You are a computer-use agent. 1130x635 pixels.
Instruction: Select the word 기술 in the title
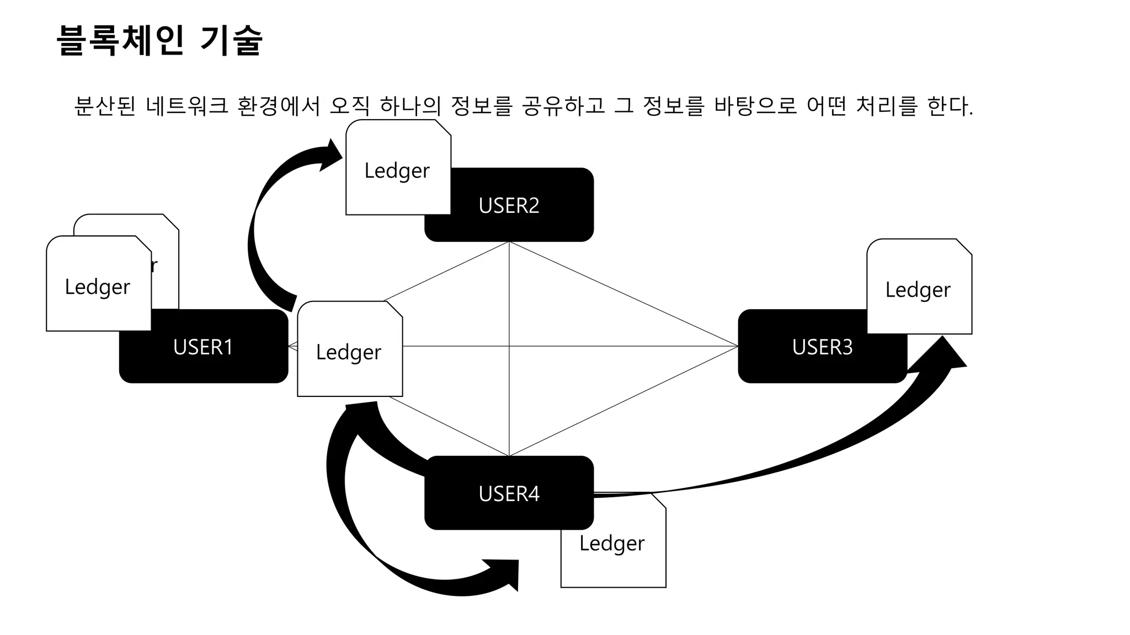[231, 40]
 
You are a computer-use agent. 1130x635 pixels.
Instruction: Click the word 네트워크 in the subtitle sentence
[187, 106]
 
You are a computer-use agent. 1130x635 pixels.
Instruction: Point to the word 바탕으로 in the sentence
[755, 106]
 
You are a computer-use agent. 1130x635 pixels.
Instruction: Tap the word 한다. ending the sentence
[950, 106]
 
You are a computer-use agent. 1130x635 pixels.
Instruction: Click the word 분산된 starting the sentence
[104, 106]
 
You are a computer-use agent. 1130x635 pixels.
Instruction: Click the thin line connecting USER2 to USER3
[623, 294]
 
